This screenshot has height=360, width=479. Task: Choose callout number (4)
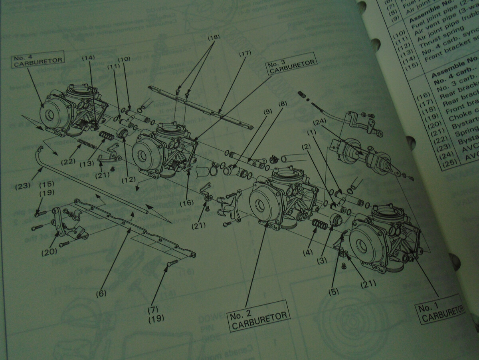coord(308,252)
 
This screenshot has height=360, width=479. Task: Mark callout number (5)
coord(334,291)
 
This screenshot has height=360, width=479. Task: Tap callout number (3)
coord(322,260)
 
